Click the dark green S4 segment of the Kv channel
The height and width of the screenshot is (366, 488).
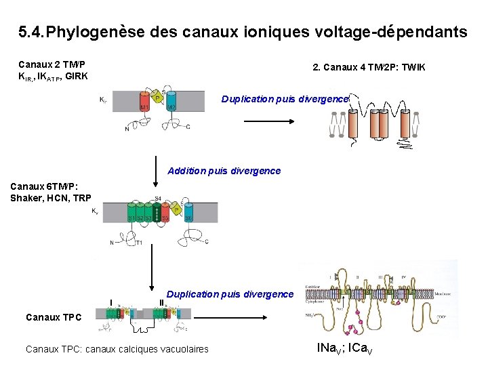(157, 214)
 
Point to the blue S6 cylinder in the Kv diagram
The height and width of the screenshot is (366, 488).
(190, 214)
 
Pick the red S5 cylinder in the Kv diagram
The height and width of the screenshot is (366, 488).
(166, 216)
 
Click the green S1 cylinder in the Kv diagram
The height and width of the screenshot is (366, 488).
(131, 216)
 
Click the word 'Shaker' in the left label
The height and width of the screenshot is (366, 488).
(26, 197)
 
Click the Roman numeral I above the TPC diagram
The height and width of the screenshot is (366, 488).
(111, 302)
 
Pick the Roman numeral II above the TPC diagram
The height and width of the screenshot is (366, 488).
(161, 302)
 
